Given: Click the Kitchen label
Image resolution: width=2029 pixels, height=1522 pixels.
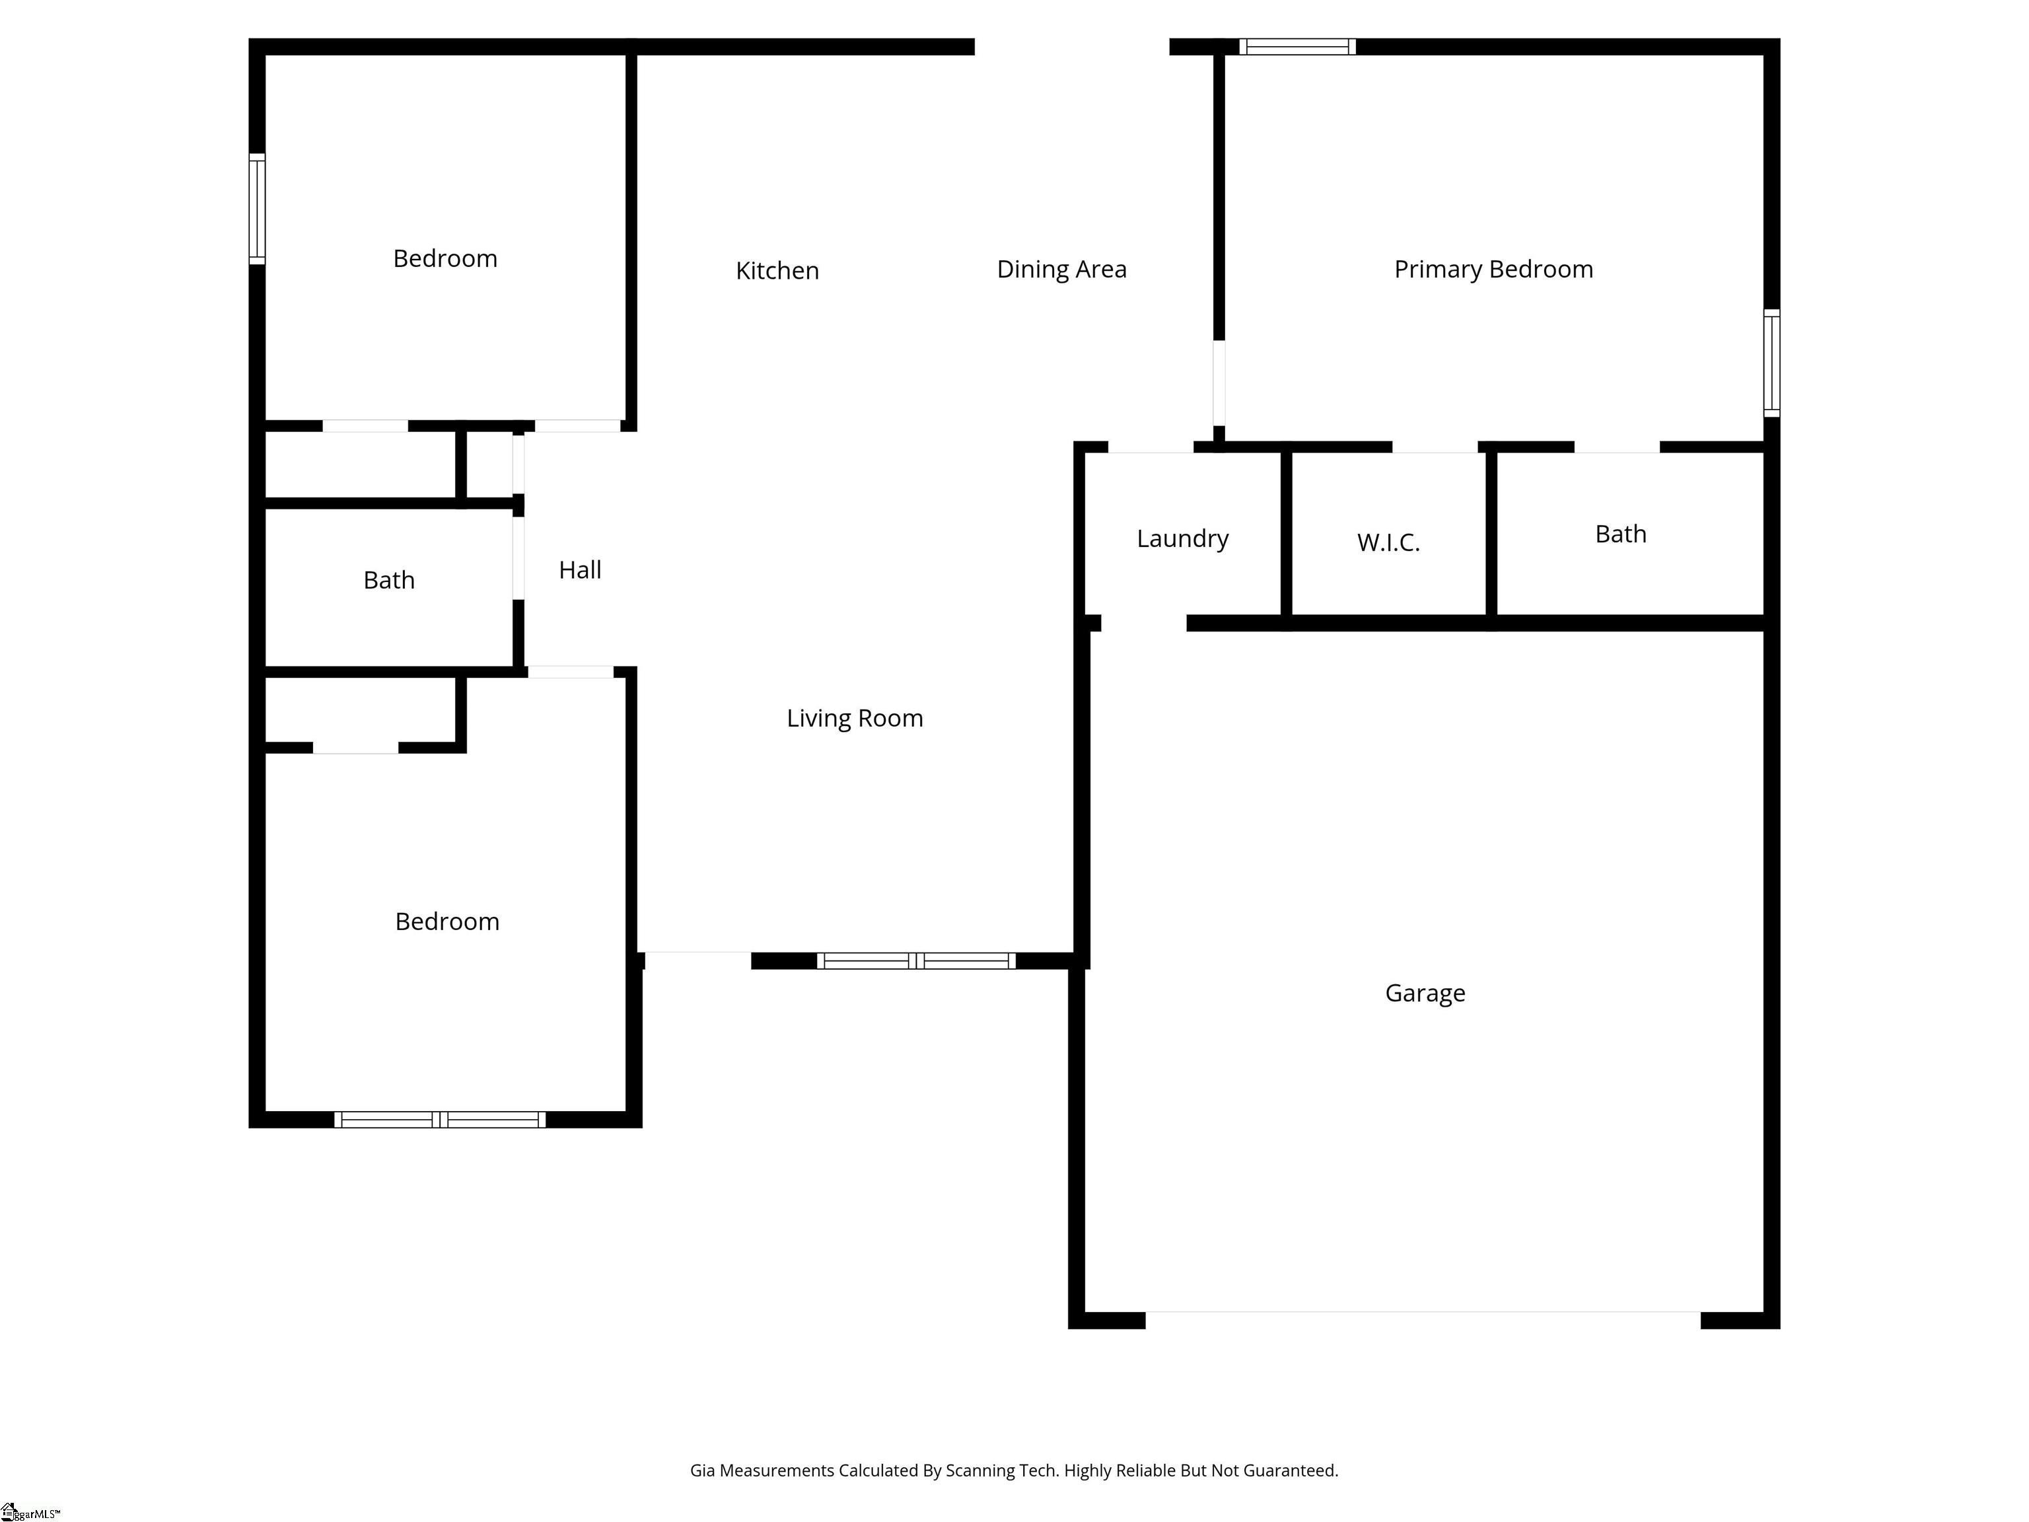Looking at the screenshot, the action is [777, 271].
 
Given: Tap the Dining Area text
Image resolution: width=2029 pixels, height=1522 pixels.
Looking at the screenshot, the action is [1061, 270].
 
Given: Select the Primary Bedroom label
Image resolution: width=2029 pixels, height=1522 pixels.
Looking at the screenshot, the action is [1493, 270].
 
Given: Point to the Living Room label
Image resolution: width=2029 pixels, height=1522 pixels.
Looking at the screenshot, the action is [855, 718].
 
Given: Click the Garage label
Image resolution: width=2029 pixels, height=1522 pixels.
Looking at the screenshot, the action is [1425, 994].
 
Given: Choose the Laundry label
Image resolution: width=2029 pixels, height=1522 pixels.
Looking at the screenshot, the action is [1182, 538].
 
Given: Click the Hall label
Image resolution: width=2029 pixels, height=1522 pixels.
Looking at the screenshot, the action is [581, 569].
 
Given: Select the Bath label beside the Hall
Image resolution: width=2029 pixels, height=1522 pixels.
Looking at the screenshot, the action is [389, 580].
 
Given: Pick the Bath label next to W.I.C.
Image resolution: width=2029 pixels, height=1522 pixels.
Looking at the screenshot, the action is [1621, 534].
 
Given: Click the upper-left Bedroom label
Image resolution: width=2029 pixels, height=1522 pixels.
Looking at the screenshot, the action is [445, 259].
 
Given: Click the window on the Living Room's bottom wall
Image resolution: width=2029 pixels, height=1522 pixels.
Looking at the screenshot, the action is [916, 960].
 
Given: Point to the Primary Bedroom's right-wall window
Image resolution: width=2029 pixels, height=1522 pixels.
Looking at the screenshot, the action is [1772, 363].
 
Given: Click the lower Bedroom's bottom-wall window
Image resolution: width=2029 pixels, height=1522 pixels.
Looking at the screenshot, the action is [439, 1119].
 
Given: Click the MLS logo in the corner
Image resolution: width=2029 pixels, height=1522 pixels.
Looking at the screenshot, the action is [29, 1512].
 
